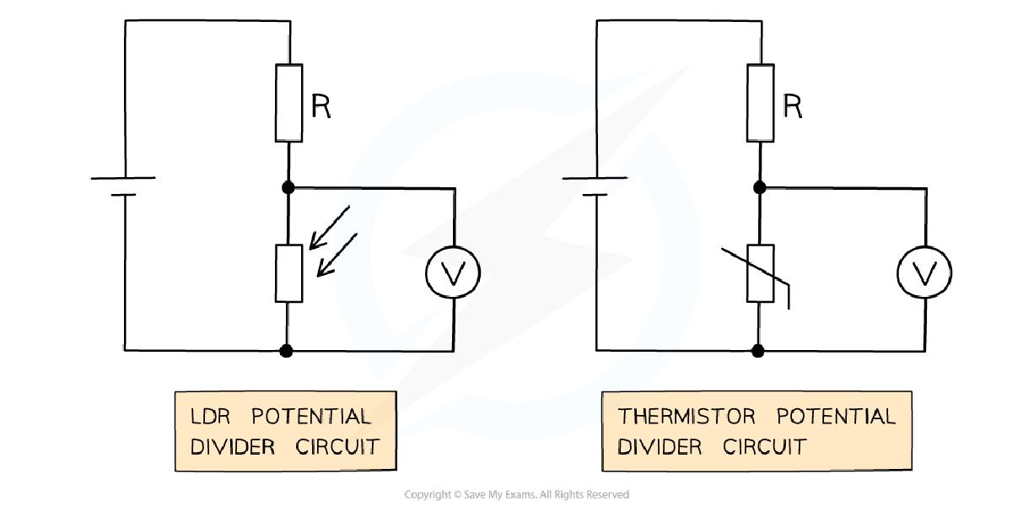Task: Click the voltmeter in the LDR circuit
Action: tap(453, 273)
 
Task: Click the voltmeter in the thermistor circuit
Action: tap(924, 273)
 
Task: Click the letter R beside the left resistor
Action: tap(321, 106)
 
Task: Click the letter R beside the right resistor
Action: tap(792, 106)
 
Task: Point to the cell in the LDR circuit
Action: tap(124, 186)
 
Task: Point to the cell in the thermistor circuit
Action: tap(595, 186)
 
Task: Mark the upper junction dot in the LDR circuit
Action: tap(288, 187)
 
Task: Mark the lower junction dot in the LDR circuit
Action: tap(287, 350)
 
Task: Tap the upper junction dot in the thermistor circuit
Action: tap(759, 187)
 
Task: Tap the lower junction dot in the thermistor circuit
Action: tap(758, 350)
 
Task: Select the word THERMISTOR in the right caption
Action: tap(689, 417)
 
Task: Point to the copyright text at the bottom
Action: tap(517, 494)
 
